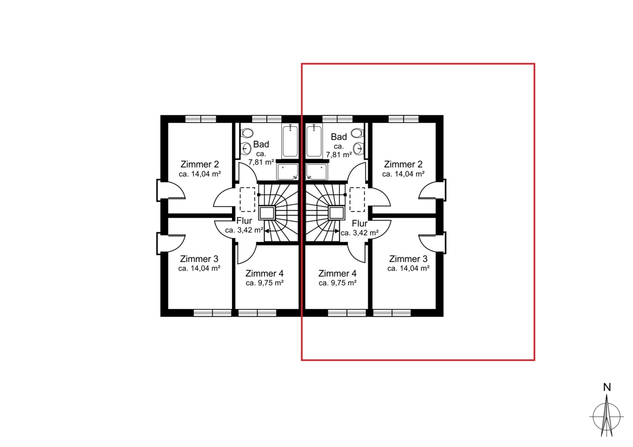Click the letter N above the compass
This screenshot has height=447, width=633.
[x=607, y=387]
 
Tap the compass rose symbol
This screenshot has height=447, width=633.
[x=606, y=417]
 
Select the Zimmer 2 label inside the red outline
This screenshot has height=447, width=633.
[x=403, y=164]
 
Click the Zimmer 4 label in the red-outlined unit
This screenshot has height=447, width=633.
[x=337, y=274]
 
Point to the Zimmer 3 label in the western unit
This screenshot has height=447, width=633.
[x=199, y=259]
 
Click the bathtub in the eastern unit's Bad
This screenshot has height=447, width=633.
[x=314, y=140]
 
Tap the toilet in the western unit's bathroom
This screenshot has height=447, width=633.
[x=247, y=133]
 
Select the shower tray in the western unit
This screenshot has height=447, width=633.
[x=287, y=172]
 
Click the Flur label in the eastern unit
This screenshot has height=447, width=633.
[x=360, y=223]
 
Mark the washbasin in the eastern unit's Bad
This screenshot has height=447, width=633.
[x=358, y=149]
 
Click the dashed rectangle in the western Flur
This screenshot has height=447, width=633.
[x=248, y=199]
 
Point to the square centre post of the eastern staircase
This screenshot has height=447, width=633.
[x=336, y=213]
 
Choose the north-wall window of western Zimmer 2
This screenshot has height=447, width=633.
[x=201, y=119]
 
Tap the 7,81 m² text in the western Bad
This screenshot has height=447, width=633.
[x=261, y=162]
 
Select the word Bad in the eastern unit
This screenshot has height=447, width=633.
[x=339, y=137]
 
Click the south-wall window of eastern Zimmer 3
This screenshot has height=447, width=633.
[x=391, y=313]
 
